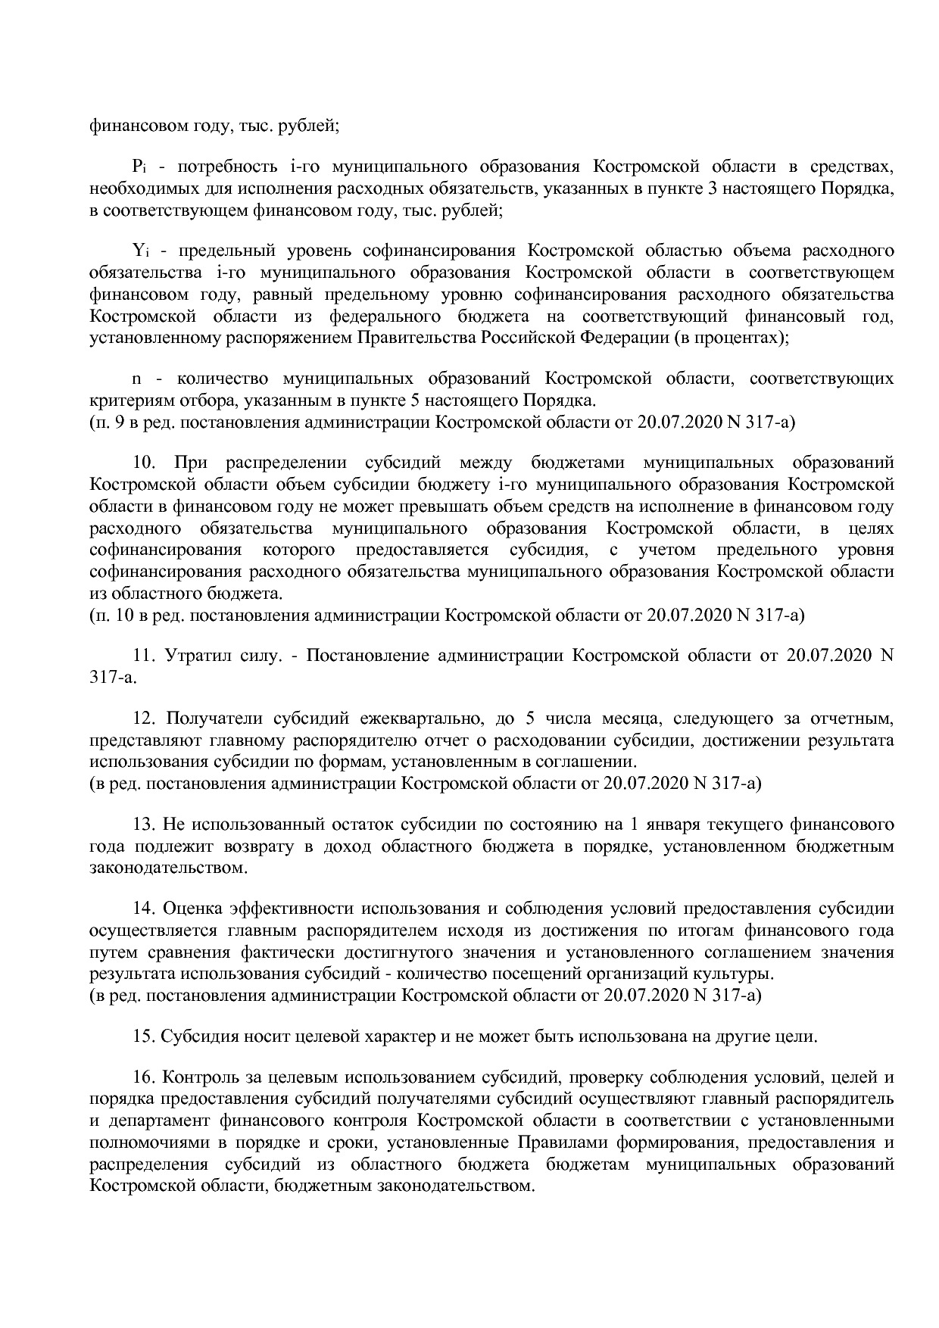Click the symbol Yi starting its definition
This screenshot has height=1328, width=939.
point(138,251)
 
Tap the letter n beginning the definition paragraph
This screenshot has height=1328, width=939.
point(137,379)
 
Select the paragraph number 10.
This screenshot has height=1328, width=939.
point(145,463)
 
